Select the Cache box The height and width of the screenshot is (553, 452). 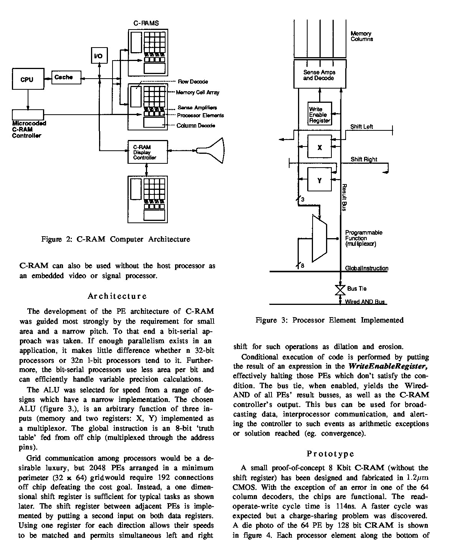64,77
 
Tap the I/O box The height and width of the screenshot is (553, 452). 99,56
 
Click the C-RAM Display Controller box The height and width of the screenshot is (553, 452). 147,152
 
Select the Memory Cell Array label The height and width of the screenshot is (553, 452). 197,92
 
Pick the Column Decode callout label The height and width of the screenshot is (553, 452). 195,125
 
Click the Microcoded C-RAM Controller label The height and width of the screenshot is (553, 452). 29,129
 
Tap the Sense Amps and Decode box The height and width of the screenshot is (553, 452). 319,75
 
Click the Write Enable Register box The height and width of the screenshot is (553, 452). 320,114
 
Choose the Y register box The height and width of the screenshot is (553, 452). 320,180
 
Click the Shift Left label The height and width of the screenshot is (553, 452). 361,127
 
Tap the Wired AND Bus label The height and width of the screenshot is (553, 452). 364,302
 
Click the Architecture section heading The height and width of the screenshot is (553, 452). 117,296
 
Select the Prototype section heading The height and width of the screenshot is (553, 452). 330,454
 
